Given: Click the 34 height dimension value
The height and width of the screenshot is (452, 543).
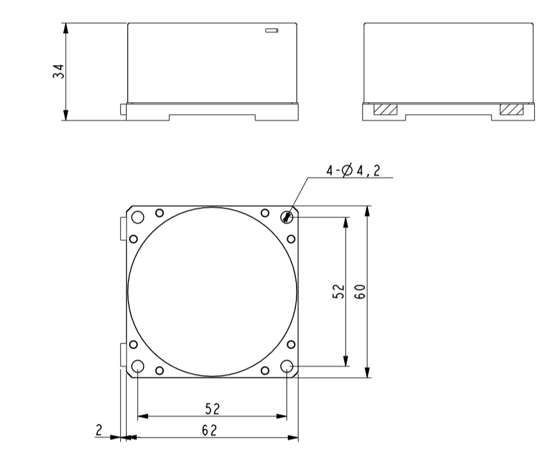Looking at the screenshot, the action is click(59, 71).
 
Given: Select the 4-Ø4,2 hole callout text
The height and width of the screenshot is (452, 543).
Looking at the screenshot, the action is click(353, 171).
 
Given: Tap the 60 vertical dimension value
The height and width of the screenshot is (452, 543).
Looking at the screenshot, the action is click(360, 292).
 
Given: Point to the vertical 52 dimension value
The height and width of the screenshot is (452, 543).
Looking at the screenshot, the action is click(339, 292).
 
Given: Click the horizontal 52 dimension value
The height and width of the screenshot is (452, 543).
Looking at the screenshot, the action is click(213, 409).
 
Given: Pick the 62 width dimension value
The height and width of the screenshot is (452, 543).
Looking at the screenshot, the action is click(209, 431).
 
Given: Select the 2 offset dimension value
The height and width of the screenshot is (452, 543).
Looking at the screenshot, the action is click(99, 430).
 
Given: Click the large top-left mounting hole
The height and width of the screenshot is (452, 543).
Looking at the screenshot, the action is click(138, 218).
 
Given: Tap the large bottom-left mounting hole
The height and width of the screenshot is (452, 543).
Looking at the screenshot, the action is click(138, 365).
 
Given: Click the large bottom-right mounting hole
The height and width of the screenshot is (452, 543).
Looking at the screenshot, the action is click(287, 365).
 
